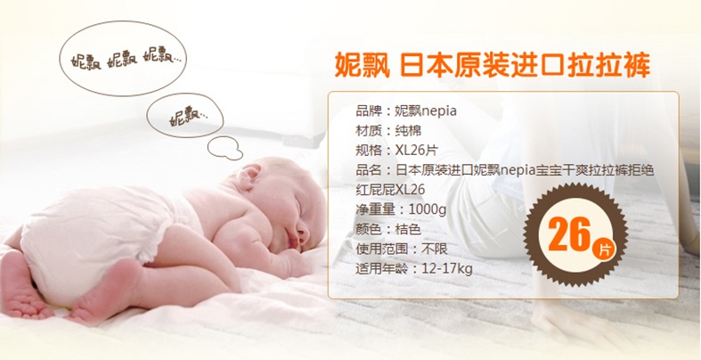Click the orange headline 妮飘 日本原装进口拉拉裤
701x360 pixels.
(x=493, y=66)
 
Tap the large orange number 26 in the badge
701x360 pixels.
(x=569, y=234)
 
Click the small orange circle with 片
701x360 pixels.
(x=603, y=250)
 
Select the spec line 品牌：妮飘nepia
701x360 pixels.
(x=406, y=110)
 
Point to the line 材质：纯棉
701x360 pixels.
(x=388, y=131)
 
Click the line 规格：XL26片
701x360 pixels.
(x=396, y=151)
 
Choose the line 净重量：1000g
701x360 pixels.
(x=401, y=209)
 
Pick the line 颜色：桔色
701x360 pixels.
(x=388, y=229)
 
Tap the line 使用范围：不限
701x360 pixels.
(x=402, y=249)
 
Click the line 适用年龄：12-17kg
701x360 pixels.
(x=414, y=269)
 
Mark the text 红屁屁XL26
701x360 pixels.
(x=390, y=190)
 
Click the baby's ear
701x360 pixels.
(x=249, y=176)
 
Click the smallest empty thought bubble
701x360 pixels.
(x=225, y=148)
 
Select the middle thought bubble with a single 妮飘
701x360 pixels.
(x=185, y=115)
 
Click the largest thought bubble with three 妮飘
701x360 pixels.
(x=123, y=59)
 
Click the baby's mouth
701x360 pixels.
(x=293, y=242)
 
